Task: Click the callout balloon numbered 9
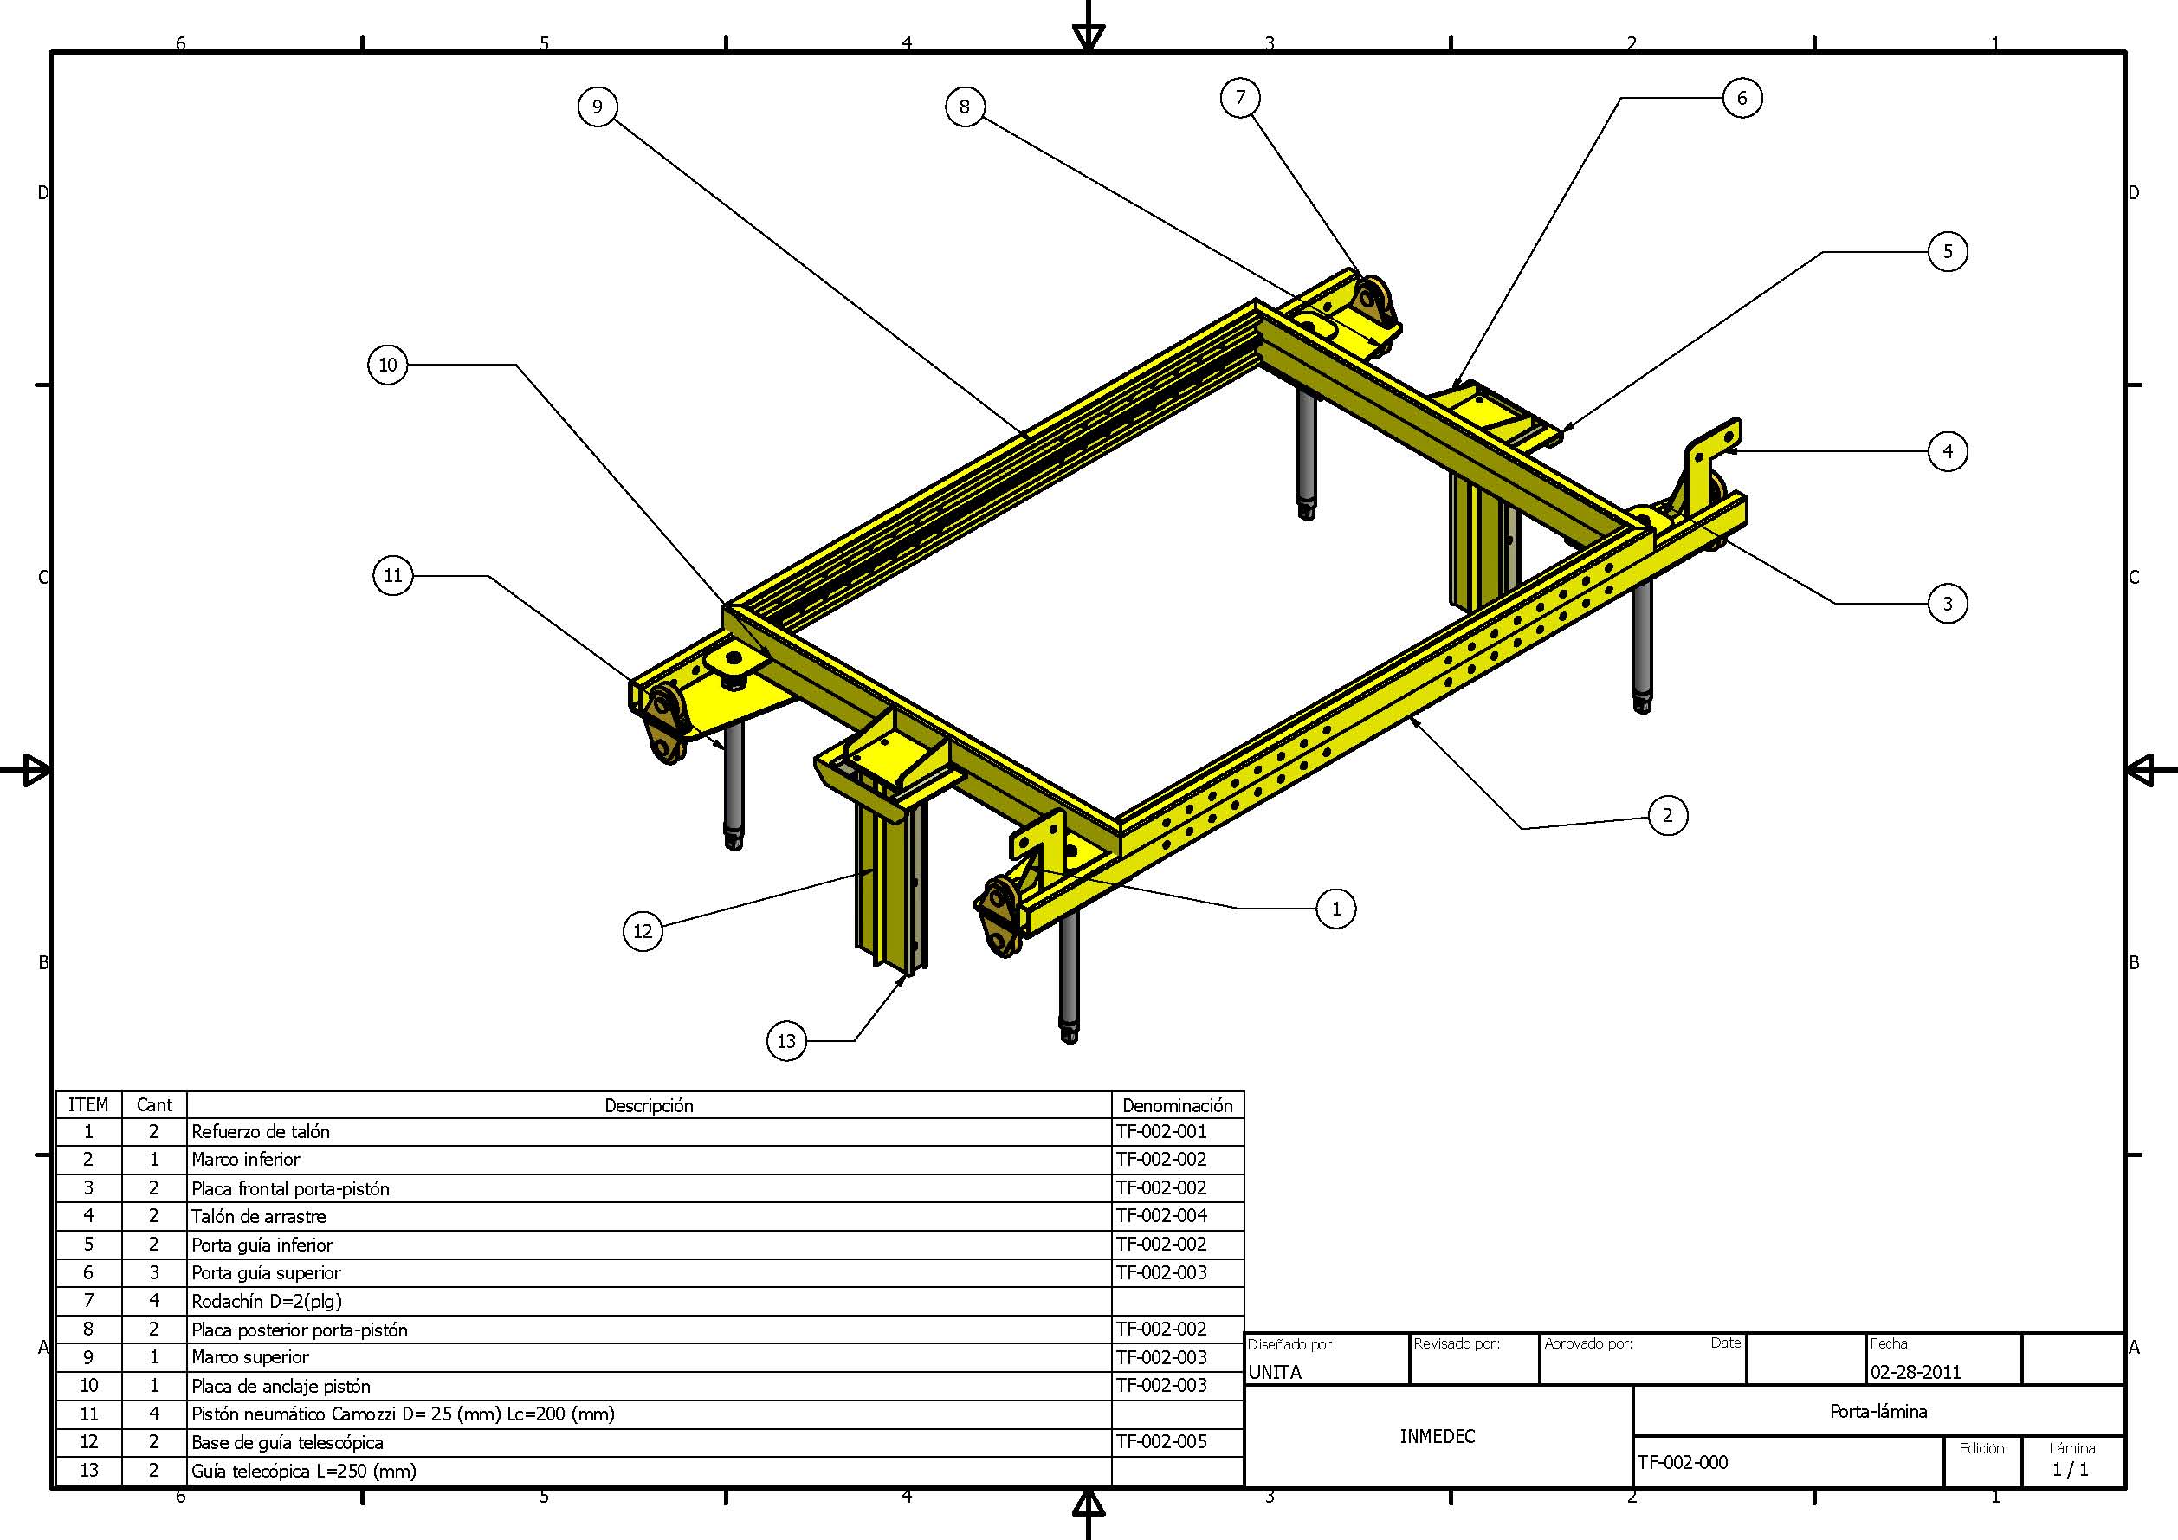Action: [x=597, y=107]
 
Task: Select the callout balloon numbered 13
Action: [x=786, y=1041]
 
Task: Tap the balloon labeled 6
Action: [x=1742, y=98]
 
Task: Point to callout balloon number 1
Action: [x=1335, y=908]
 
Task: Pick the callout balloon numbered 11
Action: [x=392, y=575]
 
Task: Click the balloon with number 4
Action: [x=1948, y=450]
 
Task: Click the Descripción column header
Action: [x=649, y=1105]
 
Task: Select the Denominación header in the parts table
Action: [x=1177, y=1105]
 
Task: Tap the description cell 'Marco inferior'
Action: [x=246, y=1160]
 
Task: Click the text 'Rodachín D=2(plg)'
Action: [x=267, y=1301]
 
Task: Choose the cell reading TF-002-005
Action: [x=1161, y=1442]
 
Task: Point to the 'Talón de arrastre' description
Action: [x=259, y=1216]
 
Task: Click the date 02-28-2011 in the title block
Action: [x=1916, y=1372]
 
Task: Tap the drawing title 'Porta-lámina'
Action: [x=1878, y=1411]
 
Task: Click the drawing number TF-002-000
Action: [x=1683, y=1462]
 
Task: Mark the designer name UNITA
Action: [x=1275, y=1372]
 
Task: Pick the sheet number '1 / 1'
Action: [x=2071, y=1470]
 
